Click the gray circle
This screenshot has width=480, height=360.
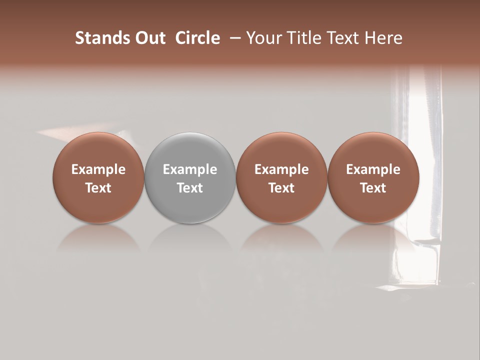point(190,150)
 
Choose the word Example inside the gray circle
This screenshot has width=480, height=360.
point(190,169)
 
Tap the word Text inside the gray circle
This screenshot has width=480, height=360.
point(190,188)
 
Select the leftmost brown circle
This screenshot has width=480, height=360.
point(98,150)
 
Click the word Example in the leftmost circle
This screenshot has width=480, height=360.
point(98,169)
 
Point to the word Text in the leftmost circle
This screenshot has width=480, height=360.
point(98,188)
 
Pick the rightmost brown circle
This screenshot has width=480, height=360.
point(373,150)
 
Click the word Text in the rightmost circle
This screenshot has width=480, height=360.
point(373,188)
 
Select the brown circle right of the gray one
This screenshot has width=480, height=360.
point(281,150)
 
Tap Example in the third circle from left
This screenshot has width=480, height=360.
point(281,169)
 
